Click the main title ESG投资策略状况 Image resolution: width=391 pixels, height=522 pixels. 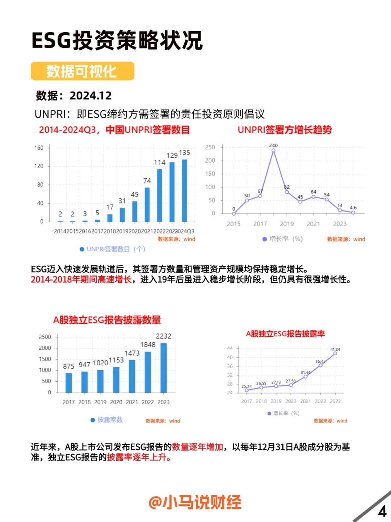(x=117, y=40)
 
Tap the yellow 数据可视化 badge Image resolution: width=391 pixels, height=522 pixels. (x=82, y=71)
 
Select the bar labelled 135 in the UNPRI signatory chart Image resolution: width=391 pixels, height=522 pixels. (x=184, y=190)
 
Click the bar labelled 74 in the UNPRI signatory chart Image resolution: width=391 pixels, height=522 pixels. (x=147, y=204)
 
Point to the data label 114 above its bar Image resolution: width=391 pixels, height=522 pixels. (x=160, y=162)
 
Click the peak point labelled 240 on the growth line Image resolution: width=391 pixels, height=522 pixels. (x=273, y=150)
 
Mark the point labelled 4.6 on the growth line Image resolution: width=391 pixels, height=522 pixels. (x=353, y=212)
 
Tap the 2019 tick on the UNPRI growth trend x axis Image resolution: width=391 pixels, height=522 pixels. (x=287, y=224)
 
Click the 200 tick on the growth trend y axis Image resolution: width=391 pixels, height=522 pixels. (x=210, y=161)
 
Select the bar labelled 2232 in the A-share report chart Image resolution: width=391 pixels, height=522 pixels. (x=164, y=368)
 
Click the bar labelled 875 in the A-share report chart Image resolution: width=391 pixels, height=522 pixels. (x=69, y=382)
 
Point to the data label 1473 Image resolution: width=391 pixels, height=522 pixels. (x=132, y=353)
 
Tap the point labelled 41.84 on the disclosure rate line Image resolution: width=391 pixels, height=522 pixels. (x=335, y=353)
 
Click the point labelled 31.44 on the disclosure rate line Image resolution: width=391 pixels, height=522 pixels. (x=306, y=377)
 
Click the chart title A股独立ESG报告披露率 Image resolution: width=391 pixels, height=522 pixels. (x=285, y=334)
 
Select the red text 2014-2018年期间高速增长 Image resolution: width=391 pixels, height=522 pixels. (x=81, y=279)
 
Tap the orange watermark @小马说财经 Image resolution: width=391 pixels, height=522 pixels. (x=195, y=502)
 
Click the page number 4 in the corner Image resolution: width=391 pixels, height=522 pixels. (x=382, y=511)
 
